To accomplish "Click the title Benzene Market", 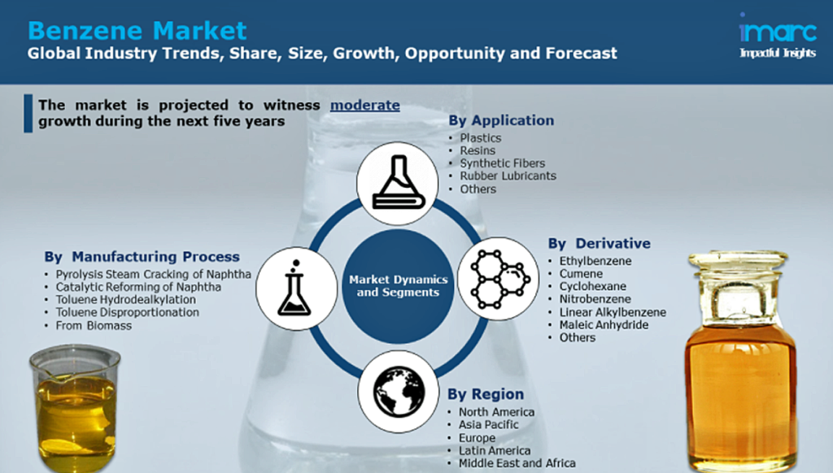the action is coord(137,31).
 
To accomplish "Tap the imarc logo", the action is coord(778,35).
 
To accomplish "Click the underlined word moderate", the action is coord(365,105).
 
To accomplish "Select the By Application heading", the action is coord(501,120).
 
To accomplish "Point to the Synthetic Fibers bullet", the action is coord(503,163).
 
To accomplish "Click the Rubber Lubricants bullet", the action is coord(508,176).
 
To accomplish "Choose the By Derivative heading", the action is coord(600,244).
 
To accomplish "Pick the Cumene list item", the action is coord(581,274).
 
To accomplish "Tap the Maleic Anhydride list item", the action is coord(604,325).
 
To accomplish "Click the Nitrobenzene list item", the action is coord(595,299).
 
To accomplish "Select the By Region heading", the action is coord(486,394).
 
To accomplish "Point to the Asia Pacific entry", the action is coord(489,425).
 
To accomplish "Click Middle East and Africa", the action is coord(517,463).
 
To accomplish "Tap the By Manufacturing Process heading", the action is coord(142,257).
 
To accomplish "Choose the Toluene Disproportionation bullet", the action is coord(128,312).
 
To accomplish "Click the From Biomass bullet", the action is coord(94,325).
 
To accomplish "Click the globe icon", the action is coord(399,392).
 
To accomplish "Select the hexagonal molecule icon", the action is coord(499,279).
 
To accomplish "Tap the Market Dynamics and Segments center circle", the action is coord(398,286).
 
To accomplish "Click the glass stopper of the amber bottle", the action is coord(739,261).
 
